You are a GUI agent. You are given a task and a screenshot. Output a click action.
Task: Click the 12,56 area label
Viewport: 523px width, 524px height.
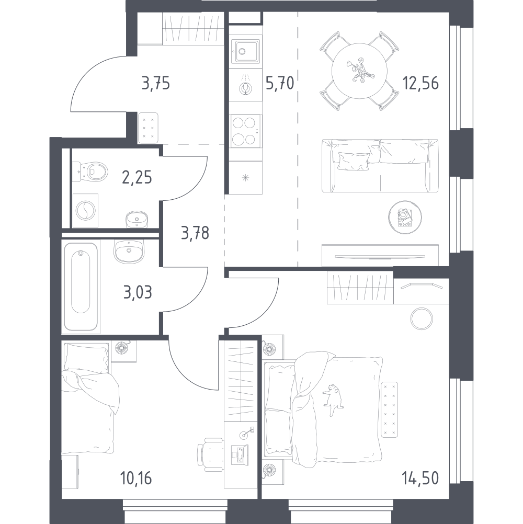[x=420, y=83]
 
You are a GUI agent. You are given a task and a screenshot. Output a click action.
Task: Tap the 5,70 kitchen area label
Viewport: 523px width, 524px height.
[x=280, y=83]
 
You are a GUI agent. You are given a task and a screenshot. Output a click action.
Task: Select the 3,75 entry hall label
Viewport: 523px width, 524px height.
[x=156, y=83]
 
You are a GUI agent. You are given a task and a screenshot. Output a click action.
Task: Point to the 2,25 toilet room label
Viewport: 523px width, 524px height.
[x=137, y=177]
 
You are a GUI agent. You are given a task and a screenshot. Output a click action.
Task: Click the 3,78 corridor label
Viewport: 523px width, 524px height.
[x=195, y=233]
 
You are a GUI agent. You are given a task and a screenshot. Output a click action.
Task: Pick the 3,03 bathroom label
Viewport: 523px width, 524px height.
[x=138, y=292]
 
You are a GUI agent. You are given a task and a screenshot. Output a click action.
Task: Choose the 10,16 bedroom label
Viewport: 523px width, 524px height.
[x=136, y=478]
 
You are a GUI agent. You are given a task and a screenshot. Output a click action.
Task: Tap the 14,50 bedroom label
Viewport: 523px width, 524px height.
[x=421, y=478]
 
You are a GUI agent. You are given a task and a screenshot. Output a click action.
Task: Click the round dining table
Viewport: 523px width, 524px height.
[x=359, y=71]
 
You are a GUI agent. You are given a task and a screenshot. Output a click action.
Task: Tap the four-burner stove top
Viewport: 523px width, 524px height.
[x=246, y=131]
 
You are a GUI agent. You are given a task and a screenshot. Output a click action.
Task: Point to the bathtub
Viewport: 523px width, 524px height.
[x=81, y=287]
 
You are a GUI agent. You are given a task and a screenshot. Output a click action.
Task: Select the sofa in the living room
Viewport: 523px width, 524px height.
[x=380, y=166]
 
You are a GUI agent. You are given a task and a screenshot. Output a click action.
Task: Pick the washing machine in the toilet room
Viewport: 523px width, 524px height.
[x=86, y=211]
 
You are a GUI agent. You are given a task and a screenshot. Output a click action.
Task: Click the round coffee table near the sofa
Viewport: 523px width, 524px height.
[x=405, y=218]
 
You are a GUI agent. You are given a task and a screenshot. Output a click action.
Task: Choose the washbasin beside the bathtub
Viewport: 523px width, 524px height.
[x=129, y=252]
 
